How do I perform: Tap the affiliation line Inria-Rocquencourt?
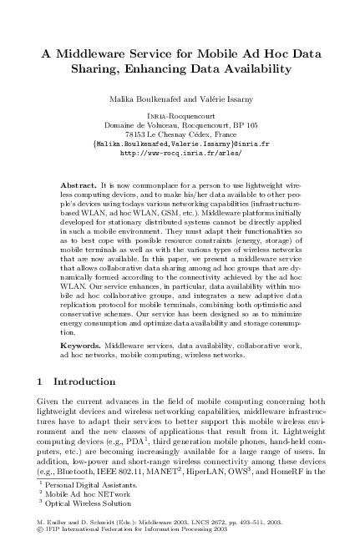(x=180, y=116)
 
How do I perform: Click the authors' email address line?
(x=180, y=144)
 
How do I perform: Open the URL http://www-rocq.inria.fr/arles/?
(x=180, y=153)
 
